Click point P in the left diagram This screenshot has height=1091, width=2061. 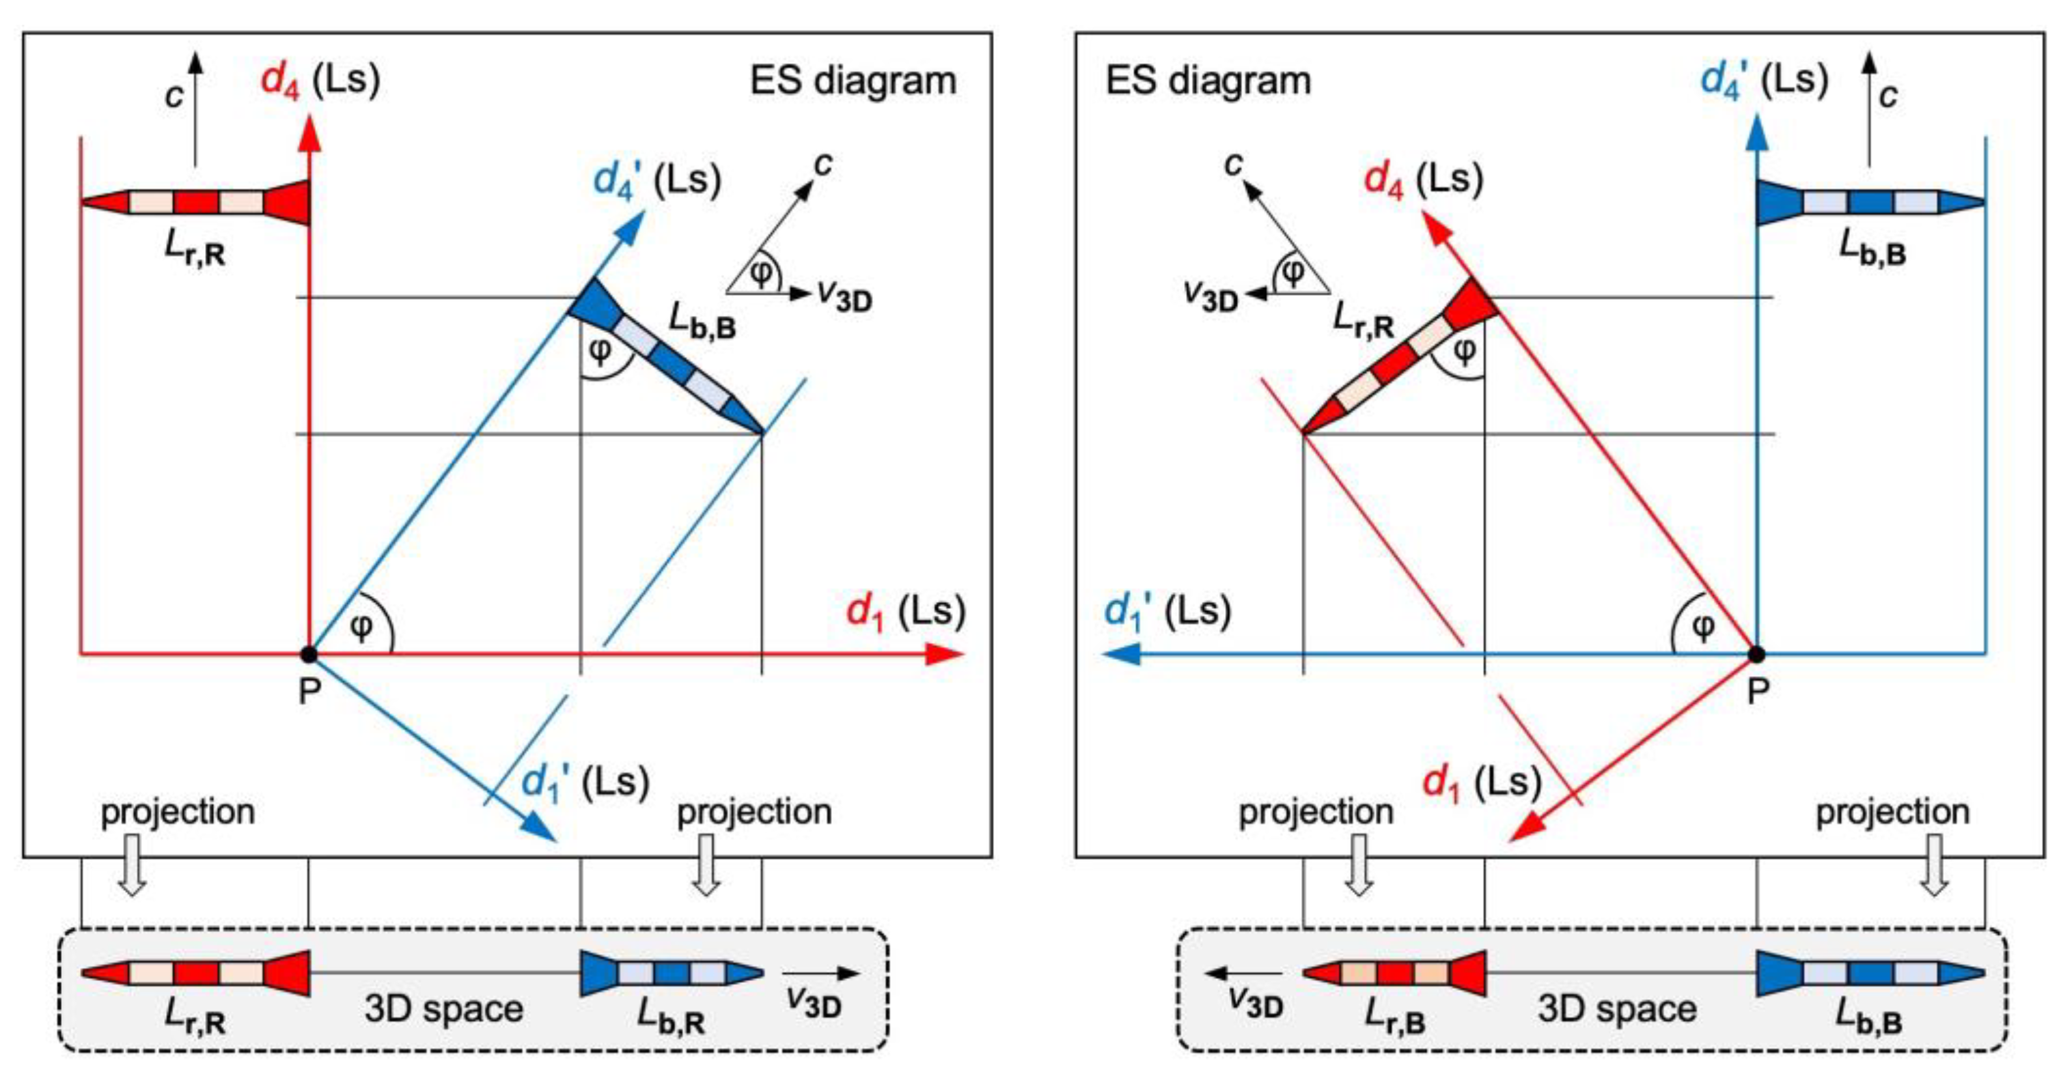309,655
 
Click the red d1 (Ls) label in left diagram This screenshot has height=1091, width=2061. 905,612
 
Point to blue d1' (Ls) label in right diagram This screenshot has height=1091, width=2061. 1167,612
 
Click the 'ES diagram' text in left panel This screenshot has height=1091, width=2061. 852,81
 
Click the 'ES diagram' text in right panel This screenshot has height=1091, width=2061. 1208,81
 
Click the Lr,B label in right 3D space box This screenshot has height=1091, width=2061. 1394,1017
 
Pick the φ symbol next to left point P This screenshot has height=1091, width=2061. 363,627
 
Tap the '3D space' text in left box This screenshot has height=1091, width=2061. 443,1008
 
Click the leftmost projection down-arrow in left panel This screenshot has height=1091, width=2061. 132,864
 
